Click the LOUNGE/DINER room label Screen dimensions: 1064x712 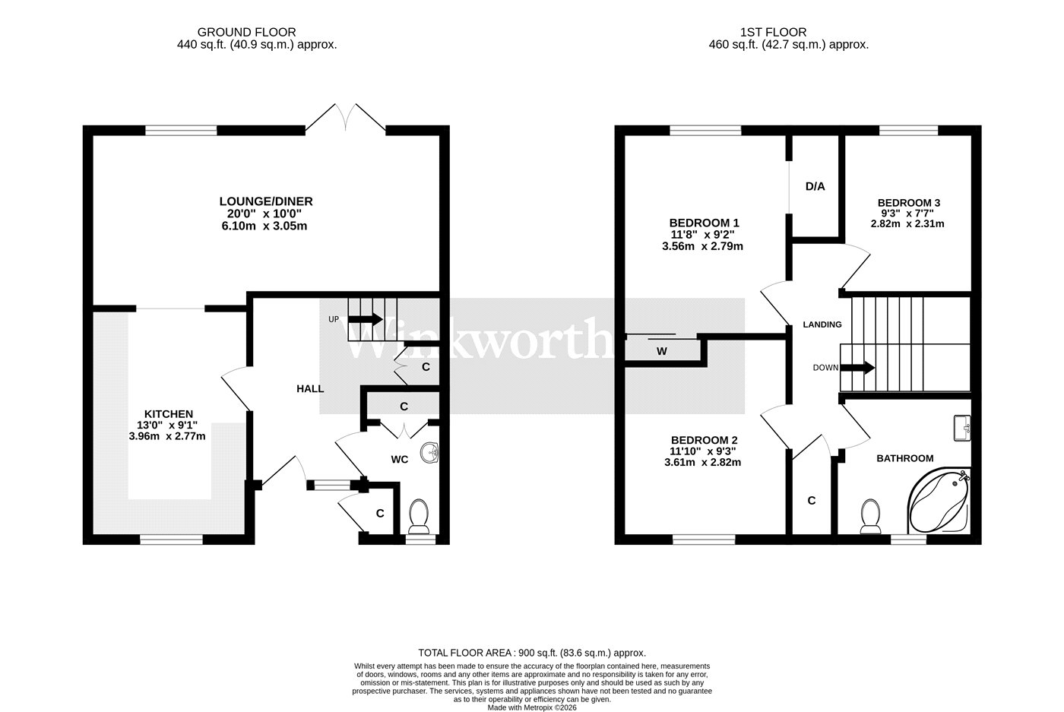(266, 201)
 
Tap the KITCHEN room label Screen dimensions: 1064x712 (169, 414)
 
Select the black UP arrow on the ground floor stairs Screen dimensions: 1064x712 (366, 319)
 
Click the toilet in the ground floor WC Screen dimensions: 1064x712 (419, 516)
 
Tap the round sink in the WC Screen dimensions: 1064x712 (430, 453)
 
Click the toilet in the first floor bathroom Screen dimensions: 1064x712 (870, 516)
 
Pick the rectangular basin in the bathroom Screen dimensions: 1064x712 (962, 428)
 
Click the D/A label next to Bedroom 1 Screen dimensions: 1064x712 (815, 187)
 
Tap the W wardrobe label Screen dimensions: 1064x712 (662, 352)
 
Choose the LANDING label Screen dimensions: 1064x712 (822, 325)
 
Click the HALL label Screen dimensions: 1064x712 (310, 389)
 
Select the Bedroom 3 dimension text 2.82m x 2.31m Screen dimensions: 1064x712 (907, 223)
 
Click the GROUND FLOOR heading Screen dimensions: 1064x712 (246, 33)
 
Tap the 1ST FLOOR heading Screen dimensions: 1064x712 (774, 33)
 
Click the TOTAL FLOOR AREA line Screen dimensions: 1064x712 (532, 653)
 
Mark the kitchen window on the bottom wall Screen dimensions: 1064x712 (172, 539)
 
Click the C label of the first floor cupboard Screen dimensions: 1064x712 (812, 500)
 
